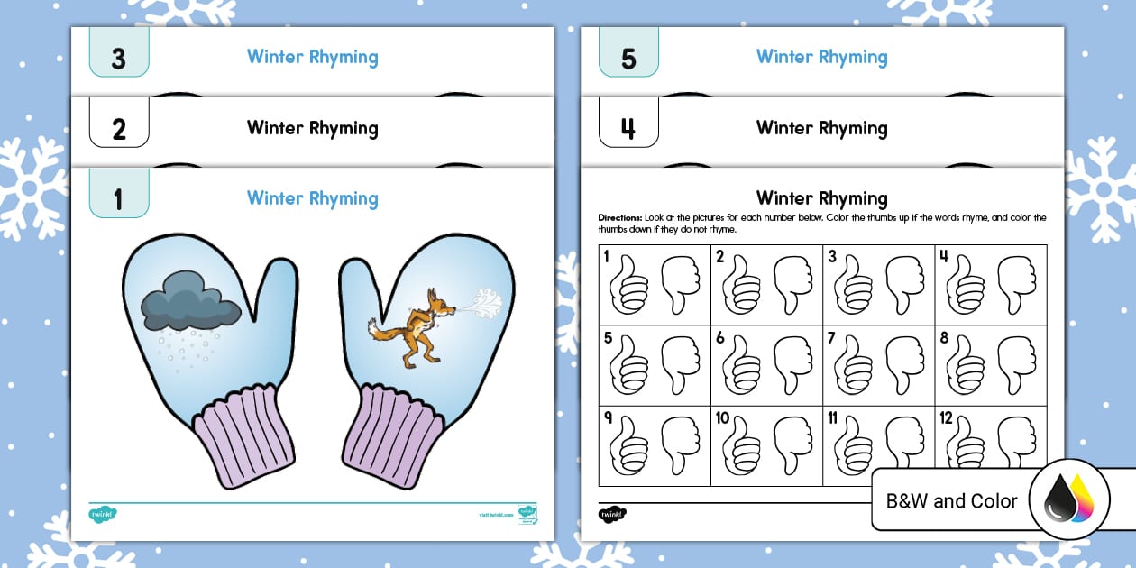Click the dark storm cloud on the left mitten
click(x=190, y=304)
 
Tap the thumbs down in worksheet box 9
click(x=680, y=444)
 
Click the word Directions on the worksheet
click(x=619, y=218)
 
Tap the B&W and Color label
click(x=951, y=501)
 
